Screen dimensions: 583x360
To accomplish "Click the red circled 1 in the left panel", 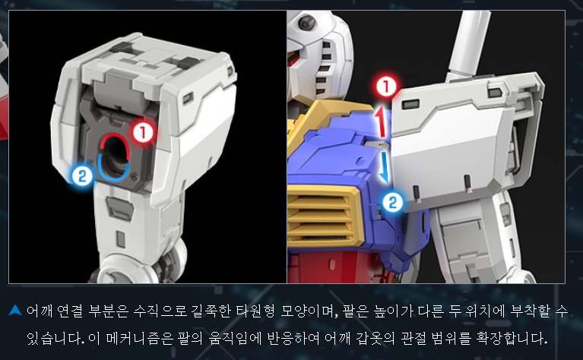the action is [x=143, y=132].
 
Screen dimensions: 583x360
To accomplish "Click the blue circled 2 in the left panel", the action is [x=82, y=175].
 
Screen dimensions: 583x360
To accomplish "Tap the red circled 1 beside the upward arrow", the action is [x=386, y=87].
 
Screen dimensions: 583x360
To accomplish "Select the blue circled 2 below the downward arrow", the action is [x=393, y=203].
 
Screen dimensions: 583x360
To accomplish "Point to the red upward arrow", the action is [x=380, y=121].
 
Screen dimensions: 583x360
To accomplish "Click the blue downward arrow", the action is [x=385, y=167].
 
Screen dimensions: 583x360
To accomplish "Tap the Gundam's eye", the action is [x=306, y=23].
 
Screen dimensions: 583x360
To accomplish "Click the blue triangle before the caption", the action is [x=15, y=310].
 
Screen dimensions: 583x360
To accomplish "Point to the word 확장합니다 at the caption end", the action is [x=524, y=339].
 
